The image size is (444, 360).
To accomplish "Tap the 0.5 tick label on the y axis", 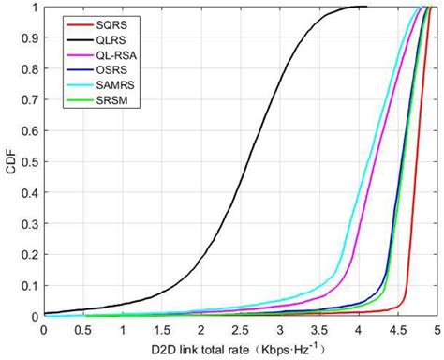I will [32, 161].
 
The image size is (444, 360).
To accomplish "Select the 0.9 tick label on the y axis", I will [32, 38].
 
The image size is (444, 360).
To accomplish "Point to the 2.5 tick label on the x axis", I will [241, 330].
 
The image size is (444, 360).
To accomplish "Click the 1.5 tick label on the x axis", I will [162, 330].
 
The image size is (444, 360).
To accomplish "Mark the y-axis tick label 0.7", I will [32, 100].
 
